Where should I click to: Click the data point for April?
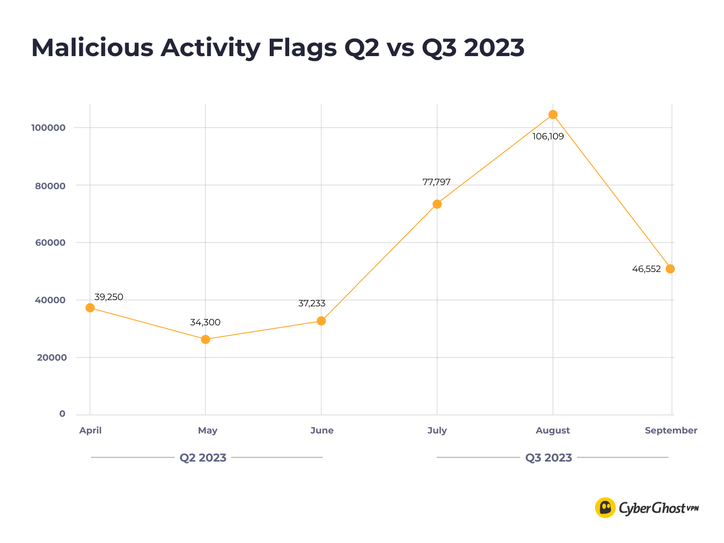[x=90, y=308]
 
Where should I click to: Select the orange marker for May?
[x=205, y=339]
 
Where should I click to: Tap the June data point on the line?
[x=321, y=321]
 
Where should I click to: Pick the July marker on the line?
[x=437, y=204]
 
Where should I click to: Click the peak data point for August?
[x=553, y=114]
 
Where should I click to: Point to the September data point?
[x=670, y=269]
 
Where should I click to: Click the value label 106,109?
[x=548, y=136]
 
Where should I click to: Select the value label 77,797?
[x=436, y=182]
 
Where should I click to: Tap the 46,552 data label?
[x=646, y=269]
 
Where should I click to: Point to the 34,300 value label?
[x=205, y=323]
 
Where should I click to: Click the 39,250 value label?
[x=109, y=297]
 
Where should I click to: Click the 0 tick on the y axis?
[x=62, y=414]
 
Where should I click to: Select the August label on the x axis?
[x=553, y=431]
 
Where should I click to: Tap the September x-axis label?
[x=671, y=431]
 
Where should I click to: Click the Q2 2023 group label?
[x=203, y=458]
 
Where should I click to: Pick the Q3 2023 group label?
[x=548, y=458]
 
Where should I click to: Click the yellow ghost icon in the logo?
[x=605, y=508]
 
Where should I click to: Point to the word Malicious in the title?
[x=92, y=48]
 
